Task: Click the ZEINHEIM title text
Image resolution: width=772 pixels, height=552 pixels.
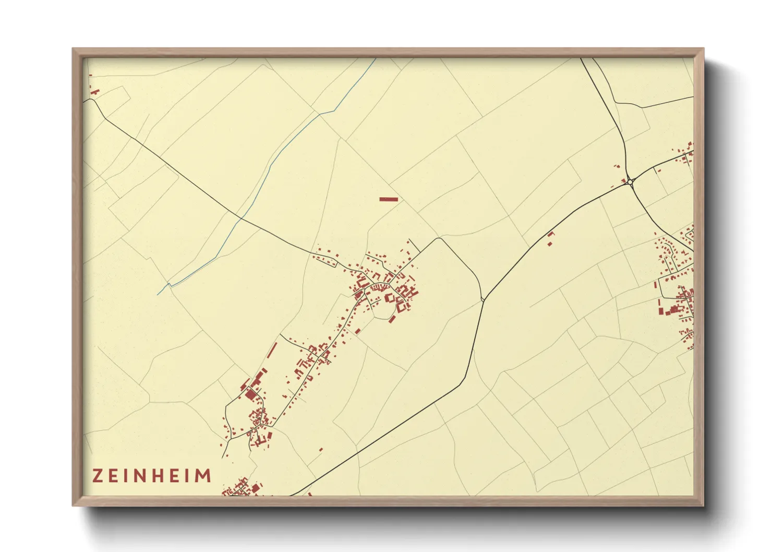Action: tap(152, 476)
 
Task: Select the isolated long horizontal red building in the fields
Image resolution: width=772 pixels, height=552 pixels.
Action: tap(389, 199)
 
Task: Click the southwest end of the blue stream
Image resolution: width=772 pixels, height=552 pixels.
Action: tap(158, 294)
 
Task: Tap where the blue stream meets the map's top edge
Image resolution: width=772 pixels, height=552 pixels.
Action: tap(376, 58)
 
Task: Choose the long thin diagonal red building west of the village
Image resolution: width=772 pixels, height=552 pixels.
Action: tap(272, 350)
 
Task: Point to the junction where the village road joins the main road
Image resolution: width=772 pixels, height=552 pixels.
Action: tap(483, 299)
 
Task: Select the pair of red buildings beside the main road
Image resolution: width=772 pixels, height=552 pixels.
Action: tap(550, 239)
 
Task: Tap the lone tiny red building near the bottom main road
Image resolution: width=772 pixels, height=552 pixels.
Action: tap(321, 449)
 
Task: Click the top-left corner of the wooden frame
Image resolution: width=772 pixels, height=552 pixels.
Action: tap(73, 49)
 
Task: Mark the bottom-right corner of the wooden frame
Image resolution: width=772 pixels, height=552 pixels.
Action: tap(704, 506)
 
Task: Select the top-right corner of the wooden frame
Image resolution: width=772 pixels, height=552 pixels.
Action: tap(704, 49)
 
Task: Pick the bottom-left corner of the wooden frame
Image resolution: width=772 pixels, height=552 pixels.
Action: tap(73, 506)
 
